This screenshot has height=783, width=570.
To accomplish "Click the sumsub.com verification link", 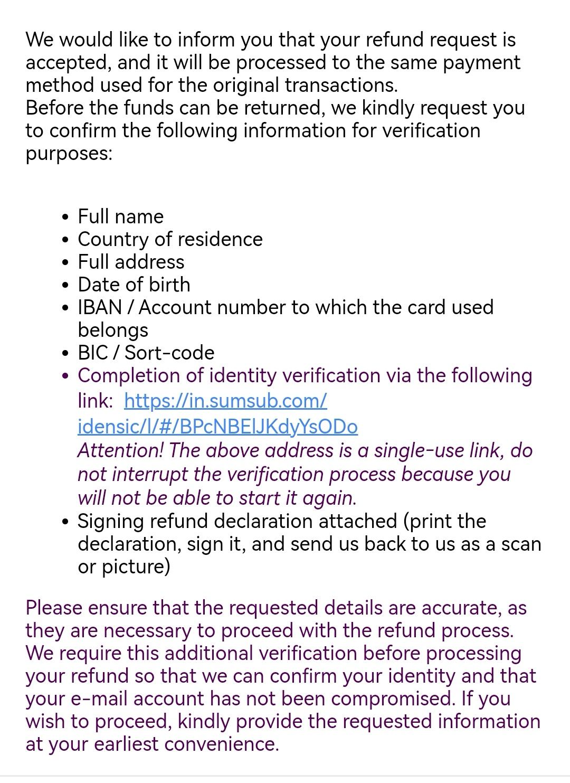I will (225, 401).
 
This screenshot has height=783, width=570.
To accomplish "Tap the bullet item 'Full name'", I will (120, 216).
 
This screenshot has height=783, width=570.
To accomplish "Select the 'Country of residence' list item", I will (170, 239).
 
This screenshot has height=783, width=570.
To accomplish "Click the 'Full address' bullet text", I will (131, 262).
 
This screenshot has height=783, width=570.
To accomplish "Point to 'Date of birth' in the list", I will (134, 285).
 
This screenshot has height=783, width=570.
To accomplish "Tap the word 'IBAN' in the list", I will (100, 307).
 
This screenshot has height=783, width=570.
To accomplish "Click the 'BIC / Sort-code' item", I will (146, 353).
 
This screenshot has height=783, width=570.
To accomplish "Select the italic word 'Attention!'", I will (121, 451).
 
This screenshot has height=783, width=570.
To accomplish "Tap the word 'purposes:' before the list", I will (69, 154).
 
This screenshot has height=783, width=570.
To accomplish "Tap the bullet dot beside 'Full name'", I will (65, 217).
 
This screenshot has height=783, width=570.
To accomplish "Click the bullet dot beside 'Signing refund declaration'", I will (65, 522).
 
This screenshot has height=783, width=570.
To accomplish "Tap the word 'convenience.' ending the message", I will (221, 744).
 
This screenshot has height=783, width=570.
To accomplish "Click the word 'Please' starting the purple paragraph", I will (54, 608).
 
